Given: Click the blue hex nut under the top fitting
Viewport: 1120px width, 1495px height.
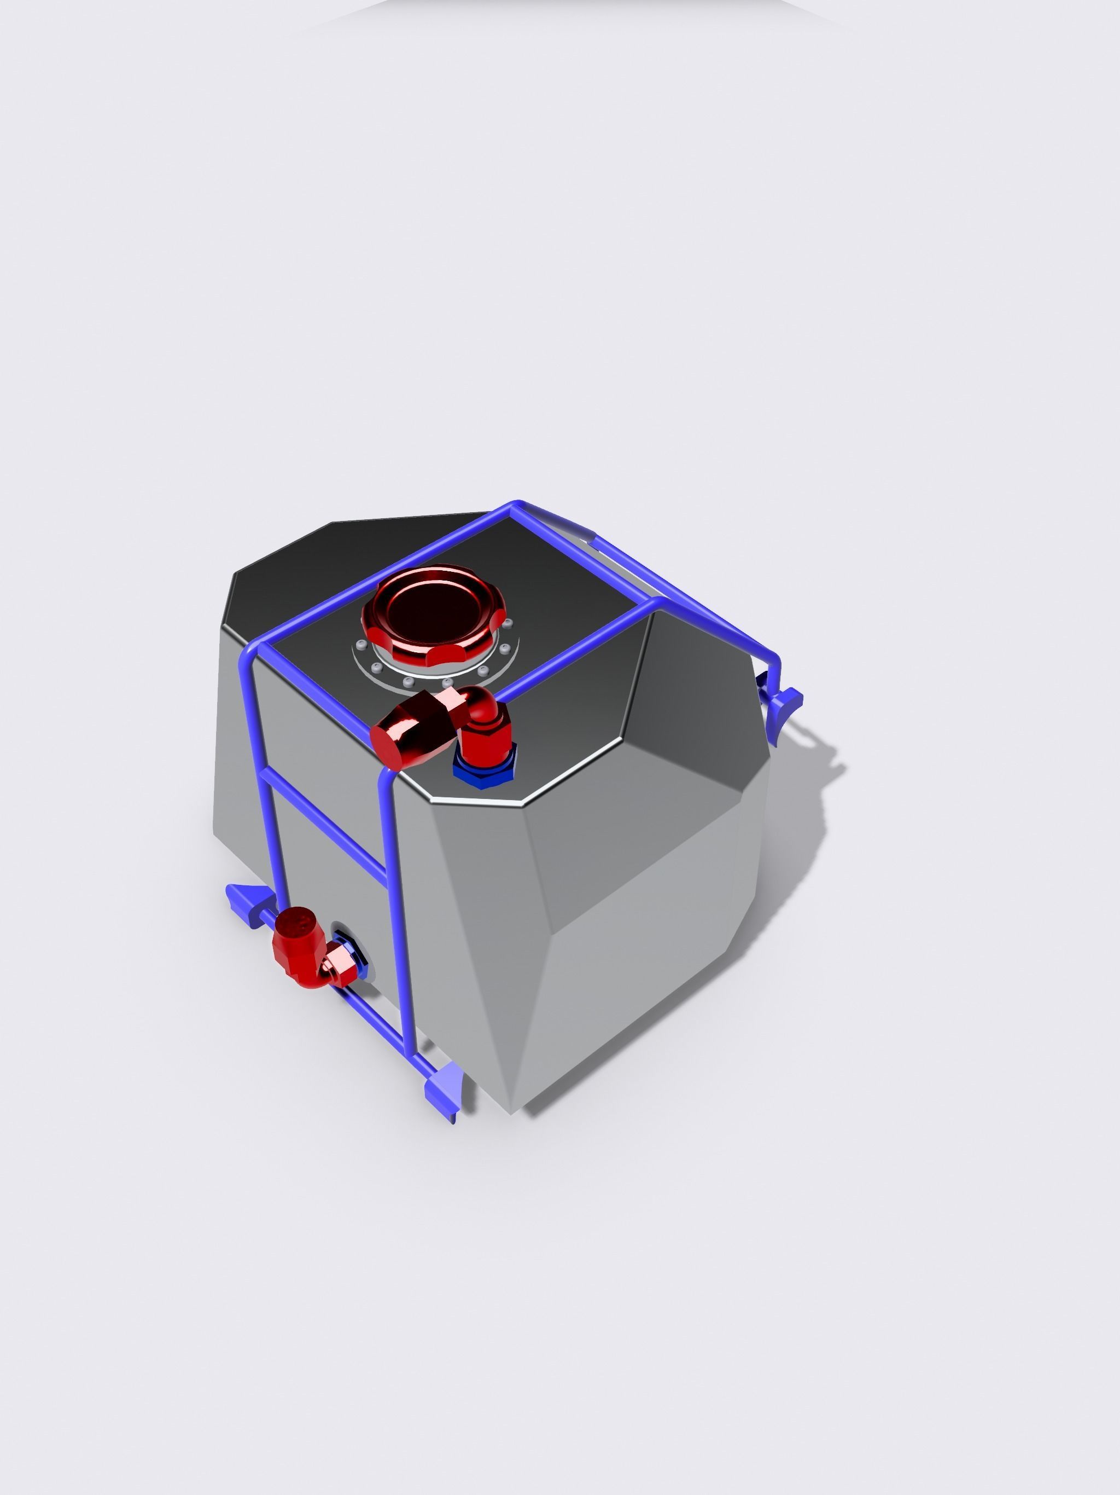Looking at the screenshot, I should pyautogui.click(x=483, y=767).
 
